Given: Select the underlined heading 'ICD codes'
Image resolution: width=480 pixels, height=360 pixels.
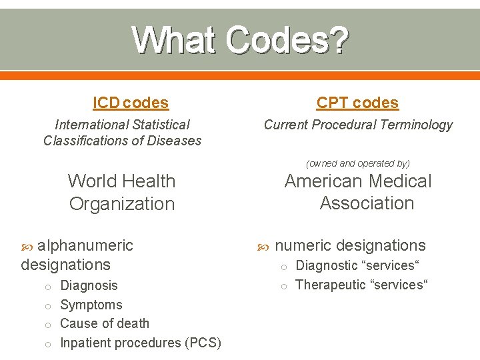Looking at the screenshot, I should point(131,103).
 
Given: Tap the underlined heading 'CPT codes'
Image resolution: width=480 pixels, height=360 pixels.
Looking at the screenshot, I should point(357,103).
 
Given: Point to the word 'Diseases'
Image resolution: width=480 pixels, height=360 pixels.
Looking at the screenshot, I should point(175,141).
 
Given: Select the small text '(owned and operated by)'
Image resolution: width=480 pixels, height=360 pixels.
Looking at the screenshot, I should point(358,163).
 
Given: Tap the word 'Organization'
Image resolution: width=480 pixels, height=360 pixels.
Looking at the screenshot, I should point(122,204).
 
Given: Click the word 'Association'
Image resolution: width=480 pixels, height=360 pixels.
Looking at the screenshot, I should point(367,203).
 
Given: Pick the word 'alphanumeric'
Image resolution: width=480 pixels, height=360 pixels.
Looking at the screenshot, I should point(85,245).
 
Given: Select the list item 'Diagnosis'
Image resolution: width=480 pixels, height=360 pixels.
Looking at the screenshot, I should point(89,285).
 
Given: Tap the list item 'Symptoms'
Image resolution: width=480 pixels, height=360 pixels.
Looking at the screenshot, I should point(91,305).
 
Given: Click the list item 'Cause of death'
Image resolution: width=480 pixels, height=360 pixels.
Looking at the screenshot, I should point(105,323).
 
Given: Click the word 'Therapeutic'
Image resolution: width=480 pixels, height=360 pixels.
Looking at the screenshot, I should point(331,285).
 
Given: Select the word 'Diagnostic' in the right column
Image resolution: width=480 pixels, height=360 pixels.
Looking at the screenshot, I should point(327,265).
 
